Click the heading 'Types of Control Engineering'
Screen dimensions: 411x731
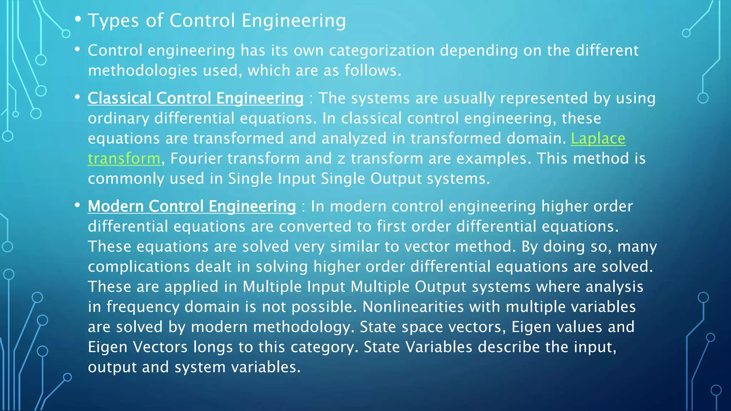tap(217, 20)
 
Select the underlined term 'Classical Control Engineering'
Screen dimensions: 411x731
tap(196, 98)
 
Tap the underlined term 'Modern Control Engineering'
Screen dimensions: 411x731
tap(192, 206)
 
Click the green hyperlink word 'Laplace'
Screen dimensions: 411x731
tap(598, 138)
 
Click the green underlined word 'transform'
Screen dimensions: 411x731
tap(124, 158)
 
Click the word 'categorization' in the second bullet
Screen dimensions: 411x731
tap(382, 50)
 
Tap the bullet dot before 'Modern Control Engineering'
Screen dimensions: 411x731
tap(77, 205)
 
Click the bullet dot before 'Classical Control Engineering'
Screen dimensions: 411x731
tap(77, 97)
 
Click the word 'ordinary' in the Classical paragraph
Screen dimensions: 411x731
tap(119, 118)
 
